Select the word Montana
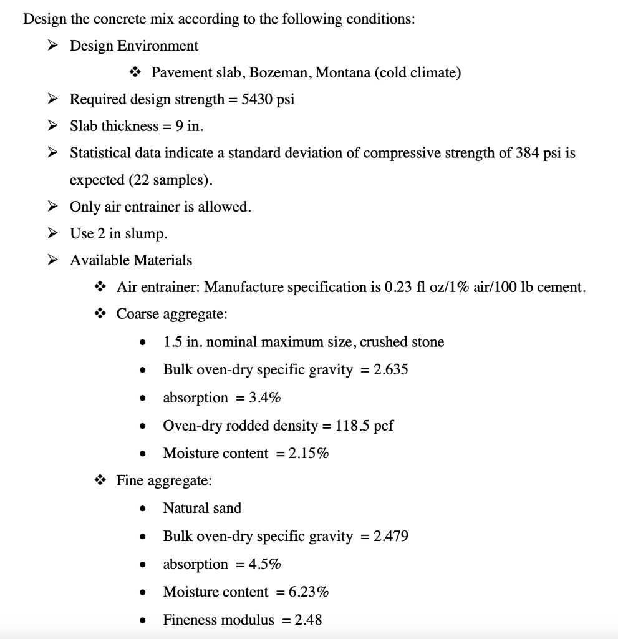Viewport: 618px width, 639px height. pos(343,72)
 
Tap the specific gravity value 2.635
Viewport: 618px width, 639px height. pos(390,369)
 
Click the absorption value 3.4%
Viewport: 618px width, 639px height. pos(264,398)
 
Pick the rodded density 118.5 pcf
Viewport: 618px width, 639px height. pos(364,426)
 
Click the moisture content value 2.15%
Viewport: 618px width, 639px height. pos(309,453)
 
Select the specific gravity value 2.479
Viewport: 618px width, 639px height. pos(391,536)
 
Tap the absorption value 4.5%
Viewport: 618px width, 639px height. pos(264,564)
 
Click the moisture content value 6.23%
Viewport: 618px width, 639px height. pos(309,592)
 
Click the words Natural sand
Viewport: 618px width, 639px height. pos(202,508)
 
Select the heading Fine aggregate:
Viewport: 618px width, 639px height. pos(164,480)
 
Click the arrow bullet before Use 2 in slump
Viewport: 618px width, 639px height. pos(54,234)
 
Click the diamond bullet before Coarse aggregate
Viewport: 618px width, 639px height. pos(100,314)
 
